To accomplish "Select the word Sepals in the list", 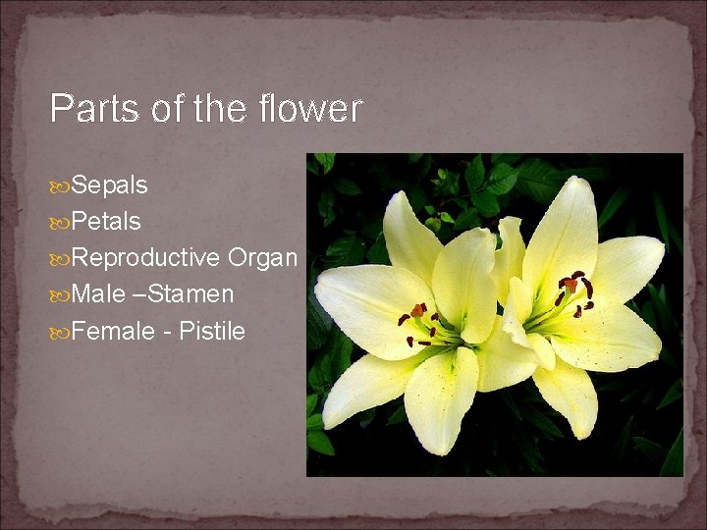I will [109, 185].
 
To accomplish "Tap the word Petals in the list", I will [106, 222].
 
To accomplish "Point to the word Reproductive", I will [145, 258].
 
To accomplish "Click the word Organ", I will [262, 258].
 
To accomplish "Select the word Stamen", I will [191, 293].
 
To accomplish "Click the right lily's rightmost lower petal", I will [614, 339].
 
